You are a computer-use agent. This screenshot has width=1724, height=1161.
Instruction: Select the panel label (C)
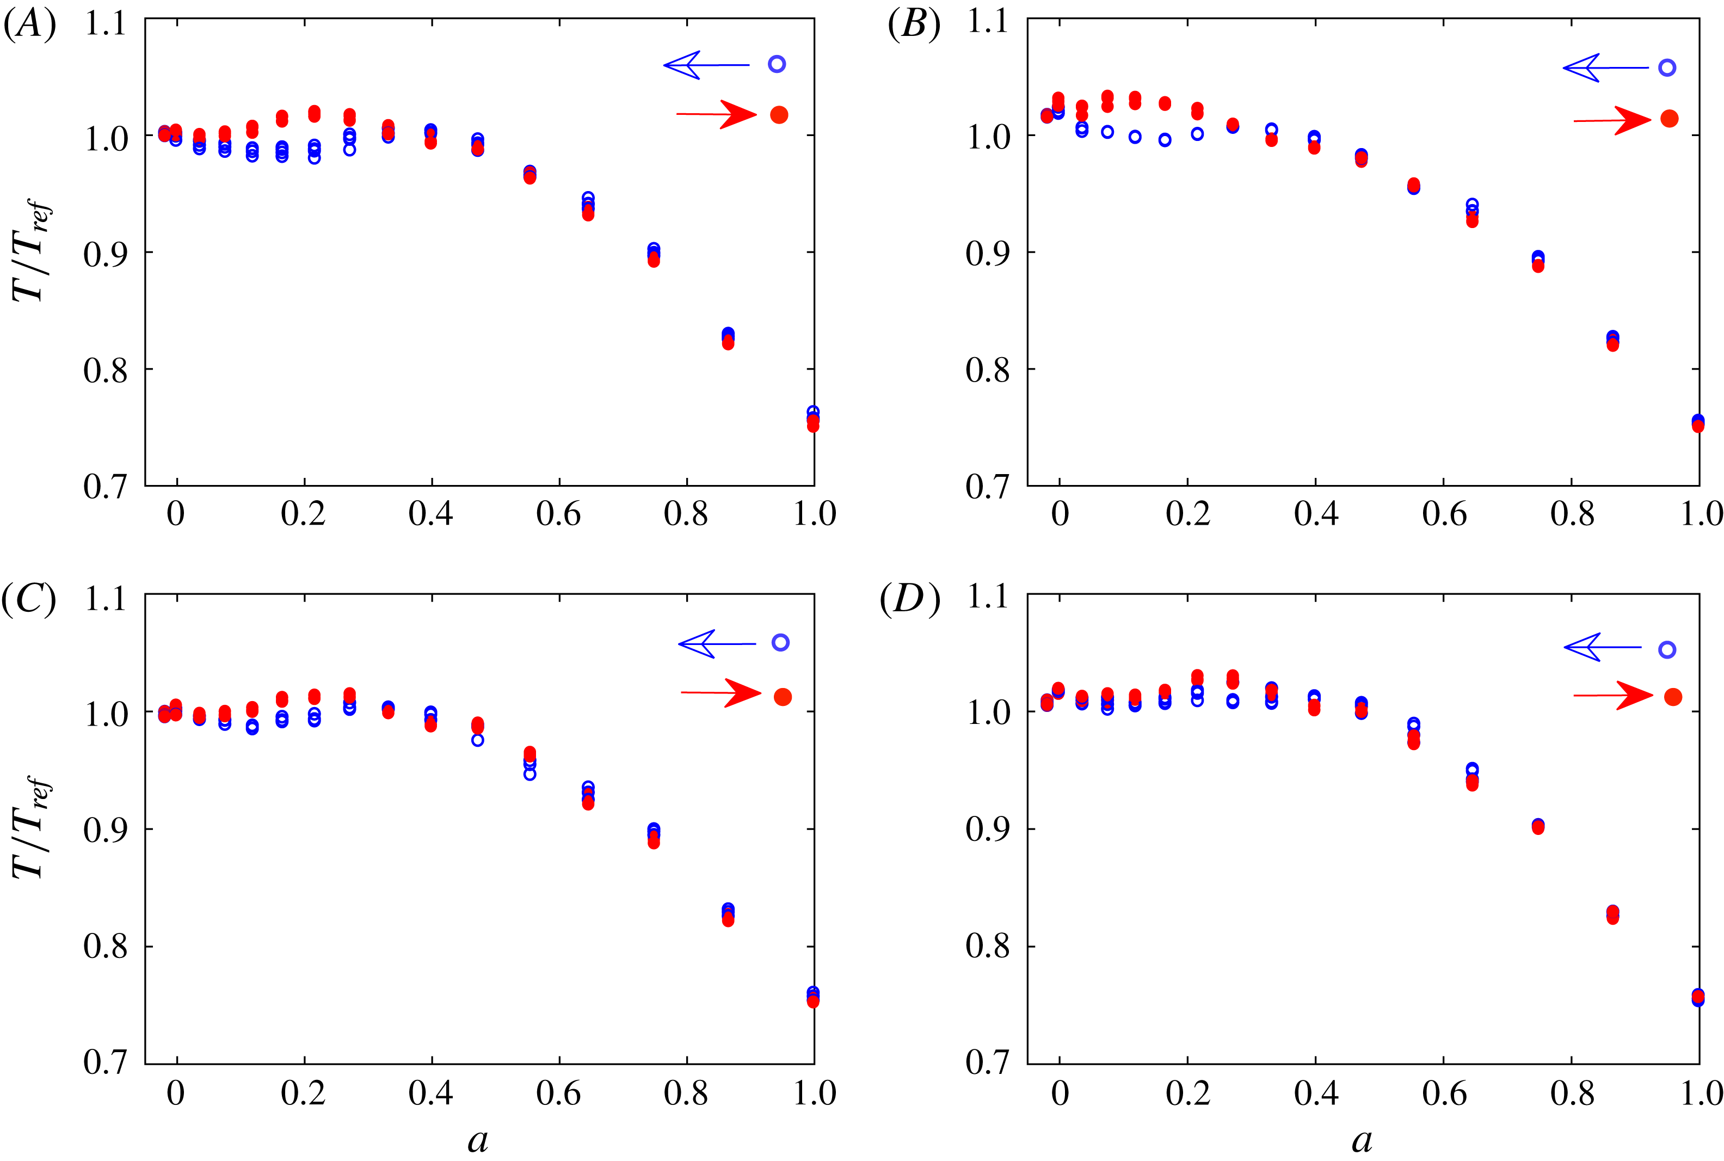pos(29,600)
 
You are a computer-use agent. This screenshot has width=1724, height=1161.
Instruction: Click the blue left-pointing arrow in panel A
pos(706,65)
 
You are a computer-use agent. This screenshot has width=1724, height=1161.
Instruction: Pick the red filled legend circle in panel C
pos(783,697)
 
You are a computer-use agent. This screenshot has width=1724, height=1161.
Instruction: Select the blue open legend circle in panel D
pos(1667,650)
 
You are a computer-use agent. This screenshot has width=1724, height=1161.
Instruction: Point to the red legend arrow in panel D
pos(1613,695)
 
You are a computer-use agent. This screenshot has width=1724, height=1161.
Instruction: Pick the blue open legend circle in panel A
pos(777,64)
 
